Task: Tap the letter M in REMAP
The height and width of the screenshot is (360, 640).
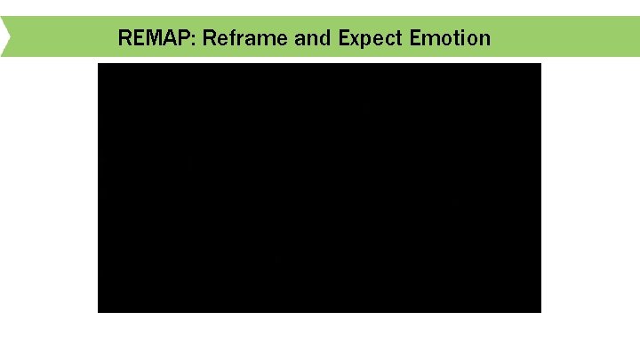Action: (x=149, y=38)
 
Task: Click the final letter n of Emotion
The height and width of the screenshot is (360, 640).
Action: (x=484, y=40)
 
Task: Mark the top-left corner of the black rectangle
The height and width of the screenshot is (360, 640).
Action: (x=99, y=64)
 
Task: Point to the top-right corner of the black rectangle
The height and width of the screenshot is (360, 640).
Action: (x=540, y=64)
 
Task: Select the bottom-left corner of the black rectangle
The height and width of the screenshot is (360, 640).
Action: (x=99, y=311)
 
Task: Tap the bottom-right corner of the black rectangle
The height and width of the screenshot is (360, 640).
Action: (x=540, y=311)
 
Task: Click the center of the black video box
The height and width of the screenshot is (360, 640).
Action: (x=319, y=188)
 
